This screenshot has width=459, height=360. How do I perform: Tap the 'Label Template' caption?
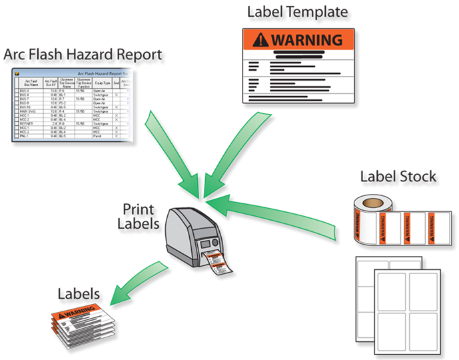[x=298, y=12]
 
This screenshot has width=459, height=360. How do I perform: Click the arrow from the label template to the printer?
[x=230, y=153]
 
